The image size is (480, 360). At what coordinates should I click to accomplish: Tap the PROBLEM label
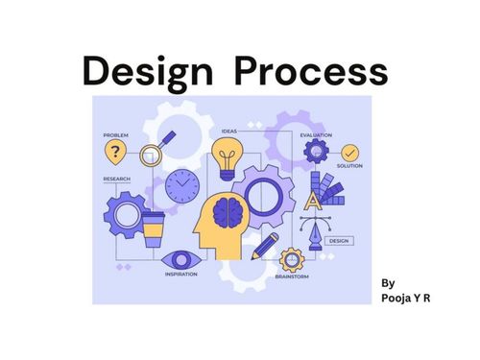click(115, 135)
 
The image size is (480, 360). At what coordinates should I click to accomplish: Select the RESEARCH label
click(117, 179)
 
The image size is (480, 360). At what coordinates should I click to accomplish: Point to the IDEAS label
click(228, 130)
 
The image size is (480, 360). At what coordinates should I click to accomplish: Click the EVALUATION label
click(316, 135)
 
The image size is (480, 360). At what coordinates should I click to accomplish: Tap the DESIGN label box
click(338, 241)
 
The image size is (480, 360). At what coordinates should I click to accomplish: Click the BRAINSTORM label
click(291, 276)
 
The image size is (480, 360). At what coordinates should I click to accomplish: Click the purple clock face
click(180, 185)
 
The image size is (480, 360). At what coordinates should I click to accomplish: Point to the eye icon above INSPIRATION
click(178, 259)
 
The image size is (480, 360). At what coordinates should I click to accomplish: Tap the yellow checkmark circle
click(350, 153)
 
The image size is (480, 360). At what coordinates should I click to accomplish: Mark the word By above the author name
click(388, 283)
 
